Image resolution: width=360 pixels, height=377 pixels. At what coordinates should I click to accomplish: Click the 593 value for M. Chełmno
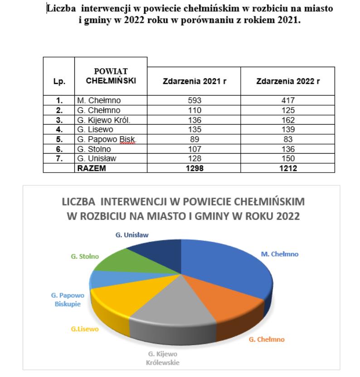point(194,100)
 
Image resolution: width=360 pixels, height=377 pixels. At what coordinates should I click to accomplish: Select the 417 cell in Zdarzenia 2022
point(287,100)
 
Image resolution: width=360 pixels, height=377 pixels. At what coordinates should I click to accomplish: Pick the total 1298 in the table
point(194,169)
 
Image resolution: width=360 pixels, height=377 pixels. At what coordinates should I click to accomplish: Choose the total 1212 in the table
point(287,169)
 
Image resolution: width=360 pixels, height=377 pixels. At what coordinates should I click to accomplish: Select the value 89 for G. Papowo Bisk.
point(194,140)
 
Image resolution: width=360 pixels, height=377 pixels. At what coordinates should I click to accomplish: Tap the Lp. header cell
point(59,82)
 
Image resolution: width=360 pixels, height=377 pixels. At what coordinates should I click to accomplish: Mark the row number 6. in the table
point(59,149)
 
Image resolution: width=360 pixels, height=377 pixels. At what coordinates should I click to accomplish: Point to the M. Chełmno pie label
point(279,254)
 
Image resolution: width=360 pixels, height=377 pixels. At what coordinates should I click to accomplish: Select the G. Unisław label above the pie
point(132,235)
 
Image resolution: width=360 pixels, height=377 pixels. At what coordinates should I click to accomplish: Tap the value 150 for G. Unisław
point(287,159)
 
